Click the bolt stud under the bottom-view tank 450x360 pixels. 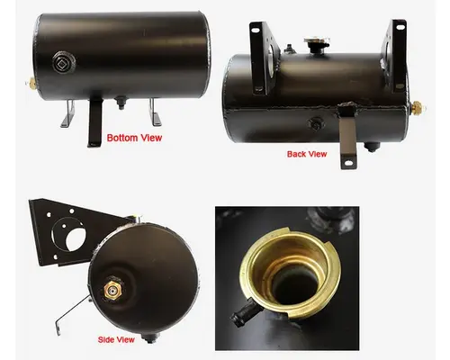coord(119,110)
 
